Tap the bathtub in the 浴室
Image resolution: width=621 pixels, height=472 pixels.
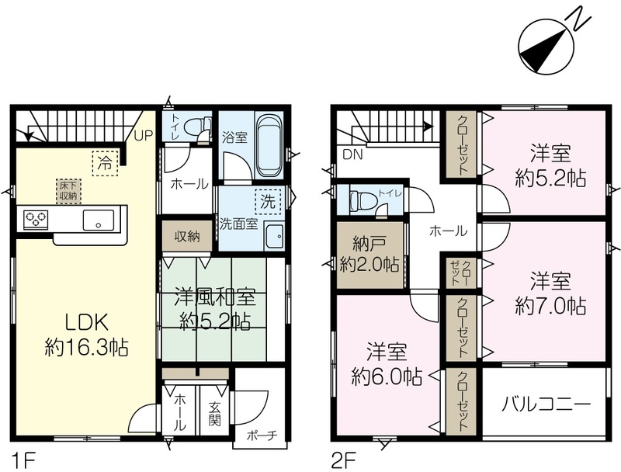click(x=269, y=145)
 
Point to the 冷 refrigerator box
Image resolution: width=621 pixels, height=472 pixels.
click(x=106, y=163)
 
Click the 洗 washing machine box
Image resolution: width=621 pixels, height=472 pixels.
click(x=268, y=202)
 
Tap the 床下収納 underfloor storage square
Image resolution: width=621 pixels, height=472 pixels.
click(x=68, y=191)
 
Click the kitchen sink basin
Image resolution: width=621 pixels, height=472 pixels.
click(x=99, y=220)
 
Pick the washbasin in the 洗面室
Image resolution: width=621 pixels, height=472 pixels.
click(x=274, y=237)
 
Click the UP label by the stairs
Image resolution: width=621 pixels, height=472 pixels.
click(x=143, y=135)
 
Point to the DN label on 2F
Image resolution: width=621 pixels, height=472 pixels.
click(x=352, y=154)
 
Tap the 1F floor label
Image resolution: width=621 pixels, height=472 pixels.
click(x=25, y=461)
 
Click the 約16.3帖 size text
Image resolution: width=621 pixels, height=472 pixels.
click(x=86, y=348)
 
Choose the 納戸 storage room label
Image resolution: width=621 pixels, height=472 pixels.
click(x=369, y=245)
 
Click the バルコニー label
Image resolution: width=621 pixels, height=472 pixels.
click(x=546, y=404)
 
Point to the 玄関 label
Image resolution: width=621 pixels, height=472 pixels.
click(x=215, y=415)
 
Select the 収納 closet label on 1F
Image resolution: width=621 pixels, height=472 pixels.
click(x=187, y=237)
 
